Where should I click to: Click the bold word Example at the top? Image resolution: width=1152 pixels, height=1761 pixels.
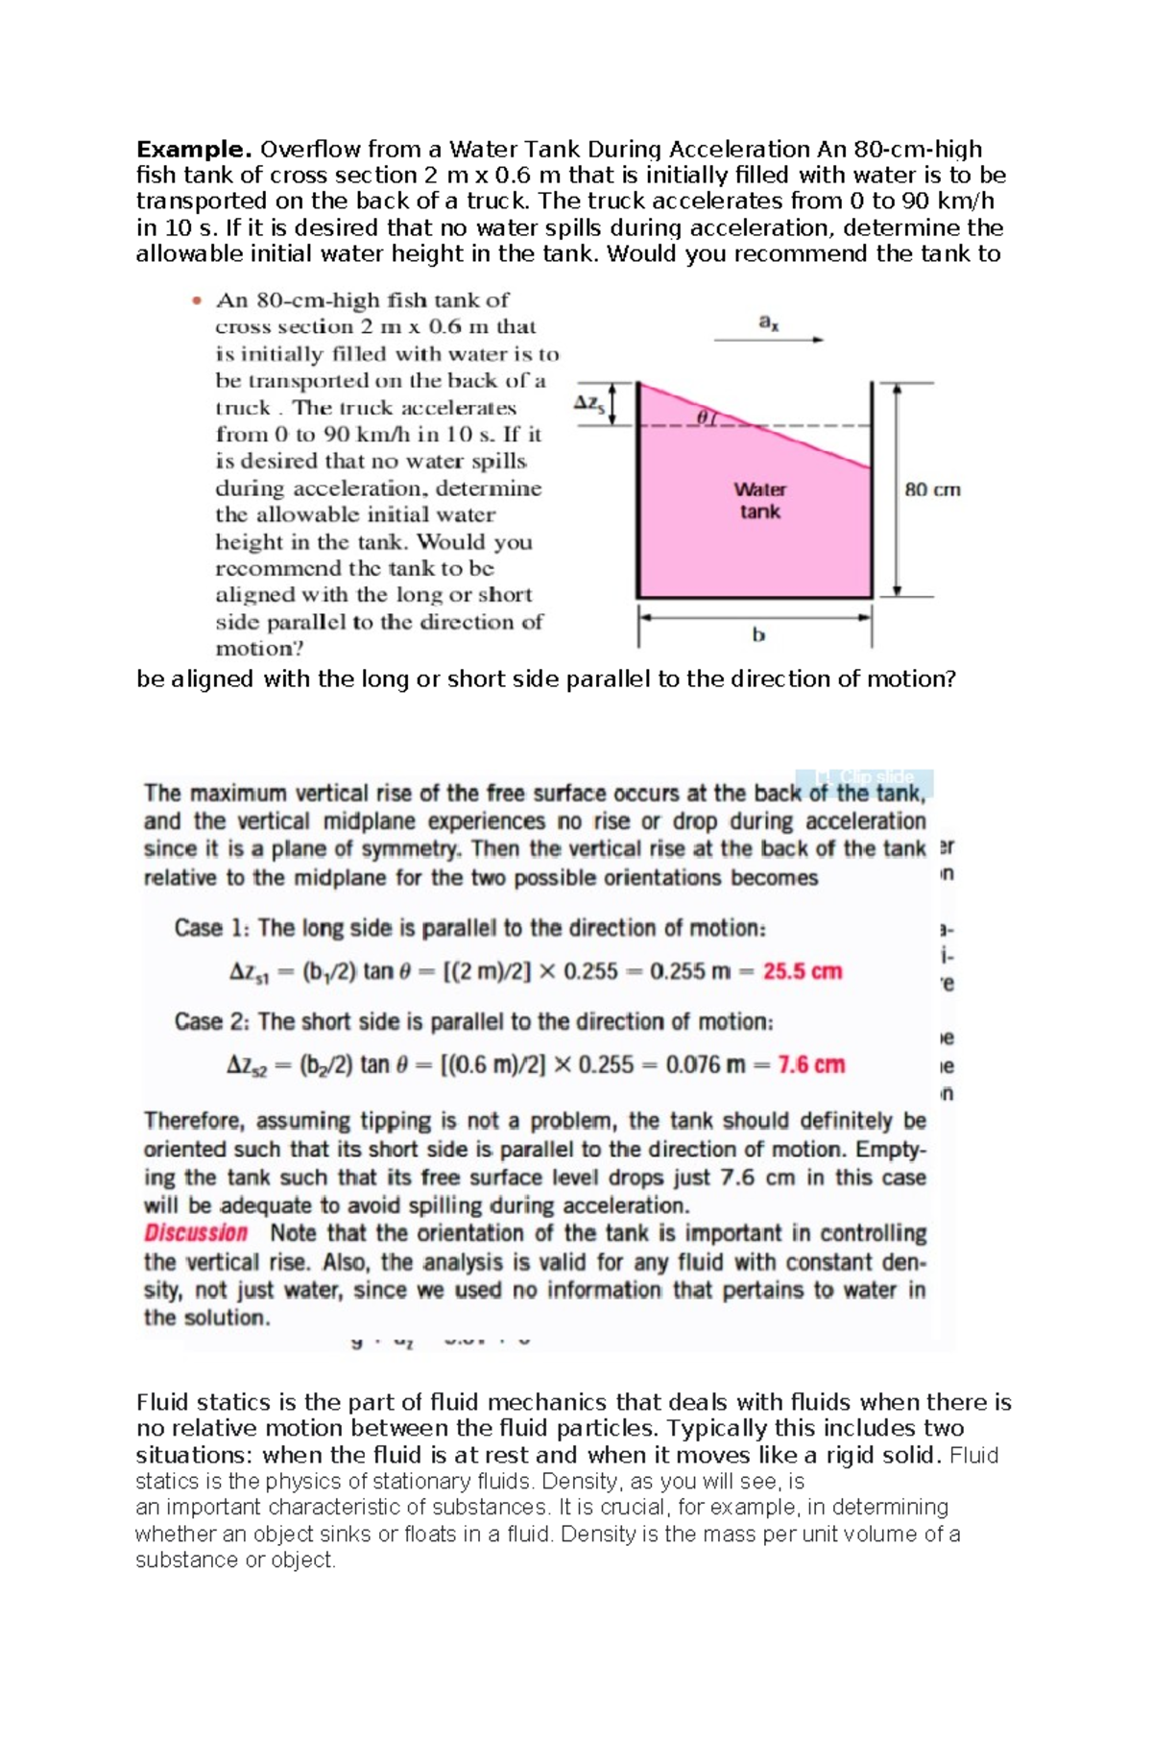(193, 150)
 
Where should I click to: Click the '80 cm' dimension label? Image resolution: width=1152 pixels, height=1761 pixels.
(932, 489)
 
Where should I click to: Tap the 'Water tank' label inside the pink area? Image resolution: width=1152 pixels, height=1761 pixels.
(759, 500)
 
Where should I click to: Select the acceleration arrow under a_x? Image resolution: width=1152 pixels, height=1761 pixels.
(769, 340)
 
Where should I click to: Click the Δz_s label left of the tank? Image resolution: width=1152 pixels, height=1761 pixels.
(589, 403)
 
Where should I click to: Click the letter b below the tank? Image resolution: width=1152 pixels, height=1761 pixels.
(758, 634)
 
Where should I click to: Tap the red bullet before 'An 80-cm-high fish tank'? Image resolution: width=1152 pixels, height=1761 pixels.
(197, 300)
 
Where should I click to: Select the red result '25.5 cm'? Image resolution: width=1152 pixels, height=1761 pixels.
(803, 971)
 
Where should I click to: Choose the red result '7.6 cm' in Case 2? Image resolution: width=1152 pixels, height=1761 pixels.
(811, 1064)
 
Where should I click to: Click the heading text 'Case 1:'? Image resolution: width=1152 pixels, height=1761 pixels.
(211, 928)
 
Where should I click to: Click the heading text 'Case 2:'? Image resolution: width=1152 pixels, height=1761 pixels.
(212, 1021)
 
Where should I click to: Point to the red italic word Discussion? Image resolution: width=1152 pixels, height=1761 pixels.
(196, 1233)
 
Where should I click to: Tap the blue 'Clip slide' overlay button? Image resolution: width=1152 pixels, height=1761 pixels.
(864, 777)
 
